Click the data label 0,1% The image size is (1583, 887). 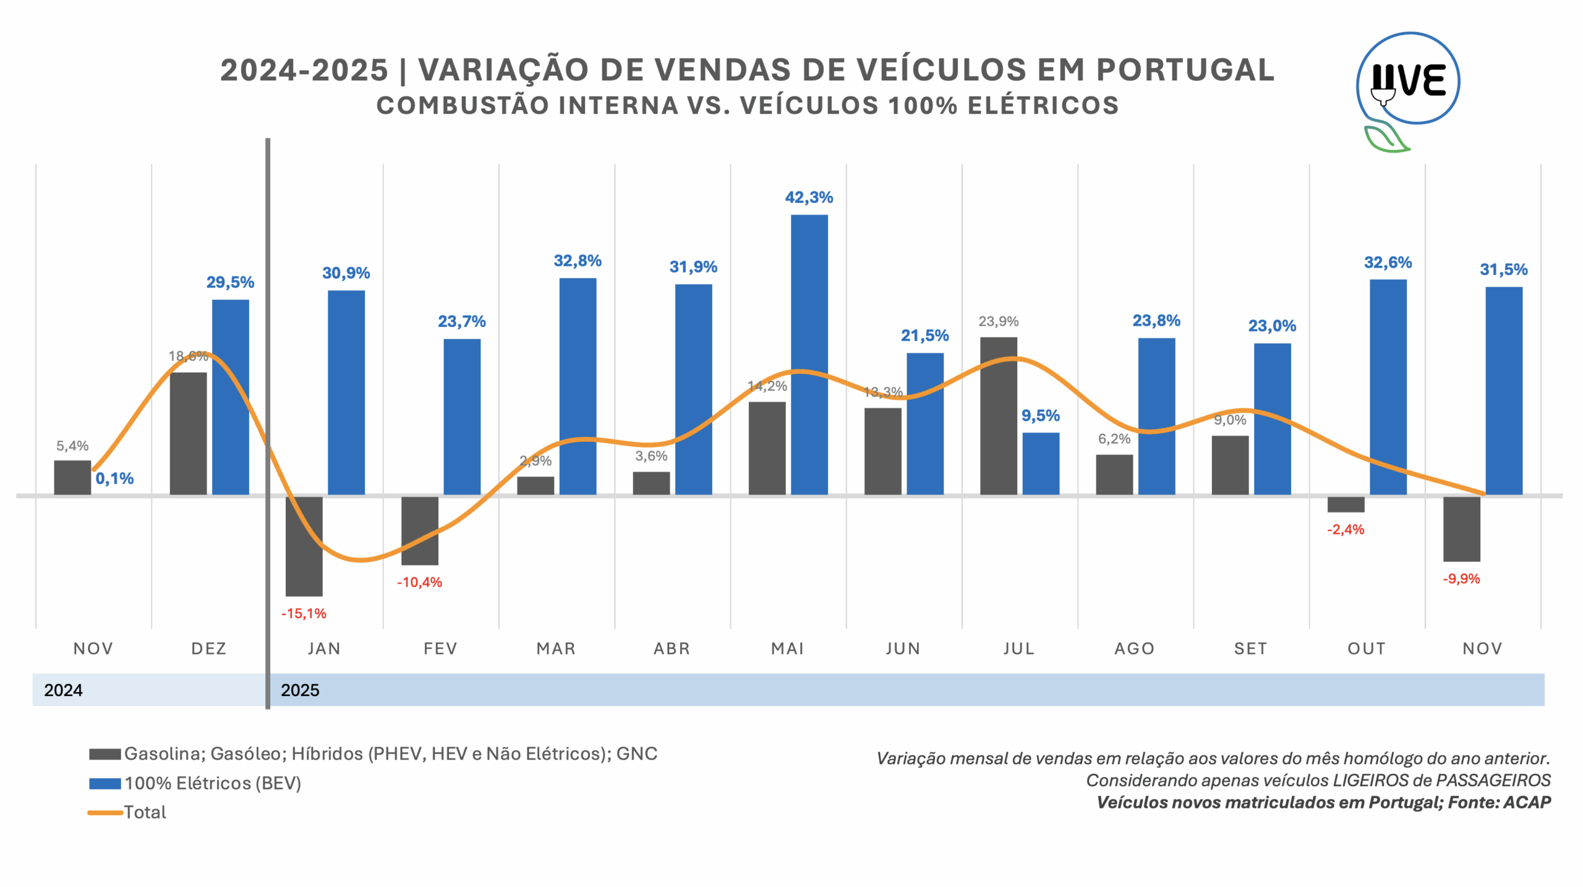[x=114, y=478]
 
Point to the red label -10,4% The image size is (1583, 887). [x=419, y=582]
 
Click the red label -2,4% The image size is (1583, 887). [x=1346, y=529]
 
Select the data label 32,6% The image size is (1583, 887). [x=1388, y=263]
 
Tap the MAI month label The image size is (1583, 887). [x=787, y=648]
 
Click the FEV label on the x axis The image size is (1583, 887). [x=440, y=648]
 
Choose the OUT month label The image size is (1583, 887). [x=1367, y=648]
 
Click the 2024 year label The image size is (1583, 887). [x=63, y=690]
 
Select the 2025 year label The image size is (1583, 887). [x=300, y=690]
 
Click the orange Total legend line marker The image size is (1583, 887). [x=105, y=812]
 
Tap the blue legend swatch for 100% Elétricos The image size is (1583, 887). [x=105, y=783]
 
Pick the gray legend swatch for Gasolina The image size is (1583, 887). [x=105, y=754]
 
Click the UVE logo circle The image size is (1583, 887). [x=1408, y=79]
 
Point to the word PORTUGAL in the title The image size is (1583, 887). [x=1185, y=70]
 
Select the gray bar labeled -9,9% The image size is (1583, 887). [x=1461, y=529]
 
